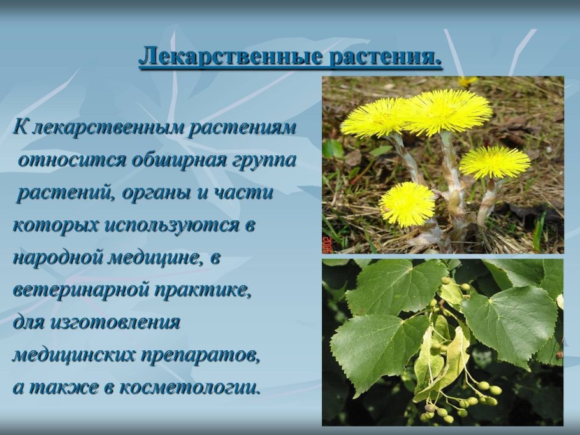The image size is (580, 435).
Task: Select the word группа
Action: [265, 160]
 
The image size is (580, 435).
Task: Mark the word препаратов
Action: [204, 355]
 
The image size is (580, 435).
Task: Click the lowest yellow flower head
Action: [406, 204]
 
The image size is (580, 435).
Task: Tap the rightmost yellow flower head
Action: [495, 162]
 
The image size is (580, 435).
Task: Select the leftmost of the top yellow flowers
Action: [375, 117]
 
